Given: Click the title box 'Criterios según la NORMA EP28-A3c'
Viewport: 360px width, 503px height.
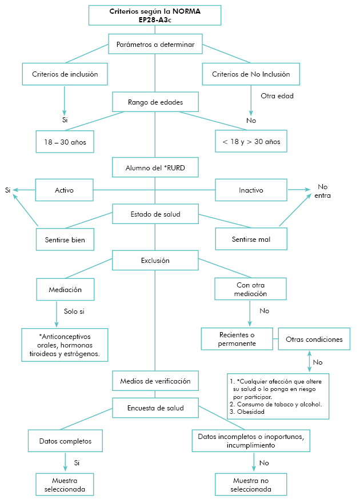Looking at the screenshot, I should tap(155, 15).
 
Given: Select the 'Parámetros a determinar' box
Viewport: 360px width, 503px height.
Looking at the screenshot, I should tap(155, 45).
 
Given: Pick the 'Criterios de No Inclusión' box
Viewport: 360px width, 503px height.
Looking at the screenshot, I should tap(251, 74).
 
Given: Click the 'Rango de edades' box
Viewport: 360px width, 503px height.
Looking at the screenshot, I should tap(155, 103).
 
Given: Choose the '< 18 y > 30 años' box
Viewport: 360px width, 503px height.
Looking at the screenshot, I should tap(251, 142).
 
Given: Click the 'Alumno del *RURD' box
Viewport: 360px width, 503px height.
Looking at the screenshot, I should tap(155, 169).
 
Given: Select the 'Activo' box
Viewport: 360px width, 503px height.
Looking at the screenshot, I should tap(64, 190).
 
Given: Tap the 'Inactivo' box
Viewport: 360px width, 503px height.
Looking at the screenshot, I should tap(251, 190).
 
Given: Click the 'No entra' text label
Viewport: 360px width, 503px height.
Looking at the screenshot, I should tap(323, 191).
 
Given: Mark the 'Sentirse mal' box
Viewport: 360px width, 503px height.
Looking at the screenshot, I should tap(251, 239).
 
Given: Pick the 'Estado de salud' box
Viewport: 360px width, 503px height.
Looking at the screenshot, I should tap(155, 214).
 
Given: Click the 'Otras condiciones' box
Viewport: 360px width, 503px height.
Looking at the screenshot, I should tap(314, 339).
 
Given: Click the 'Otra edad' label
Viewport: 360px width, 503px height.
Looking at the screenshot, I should tap(277, 96).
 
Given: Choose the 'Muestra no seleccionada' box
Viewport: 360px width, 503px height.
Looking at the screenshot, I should tap(251, 485).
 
